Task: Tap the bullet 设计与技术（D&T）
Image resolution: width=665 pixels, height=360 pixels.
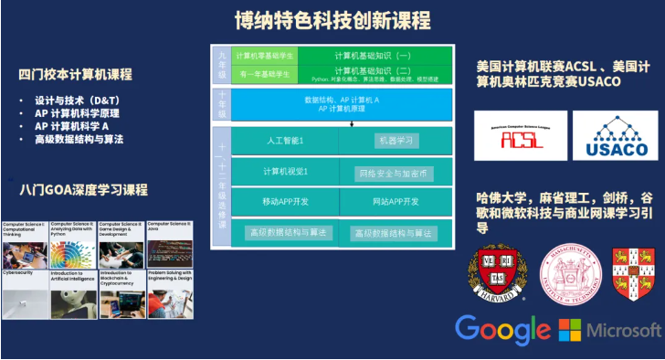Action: [x=77, y=100]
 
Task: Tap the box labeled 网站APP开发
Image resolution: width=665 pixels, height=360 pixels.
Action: [x=394, y=201]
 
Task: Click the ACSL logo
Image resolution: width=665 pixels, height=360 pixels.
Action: [x=517, y=134]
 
